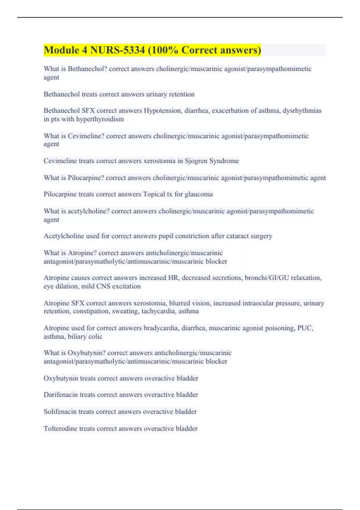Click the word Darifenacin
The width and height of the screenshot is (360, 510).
click(x=61, y=395)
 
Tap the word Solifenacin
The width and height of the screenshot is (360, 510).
click(x=60, y=412)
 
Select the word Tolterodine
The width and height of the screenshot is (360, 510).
click(x=60, y=428)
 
